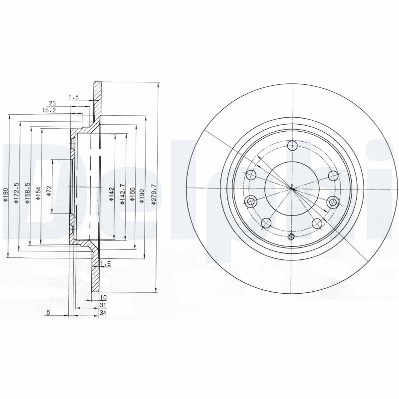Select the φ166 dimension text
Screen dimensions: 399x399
pyautogui.click(x=132, y=195)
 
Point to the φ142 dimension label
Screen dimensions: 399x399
pyautogui.click(x=111, y=195)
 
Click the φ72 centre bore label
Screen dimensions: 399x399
pyautogui.click(x=49, y=191)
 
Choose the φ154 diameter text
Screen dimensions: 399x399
pyautogui.click(x=38, y=194)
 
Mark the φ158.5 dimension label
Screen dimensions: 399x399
pyautogui.click(x=27, y=193)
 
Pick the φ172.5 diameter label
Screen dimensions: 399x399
pyautogui.click(x=16, y=193)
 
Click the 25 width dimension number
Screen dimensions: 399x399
pyautogui.click(x=52, y=103)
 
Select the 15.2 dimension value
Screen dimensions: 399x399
pyautogui.click(x=48, y=110)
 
